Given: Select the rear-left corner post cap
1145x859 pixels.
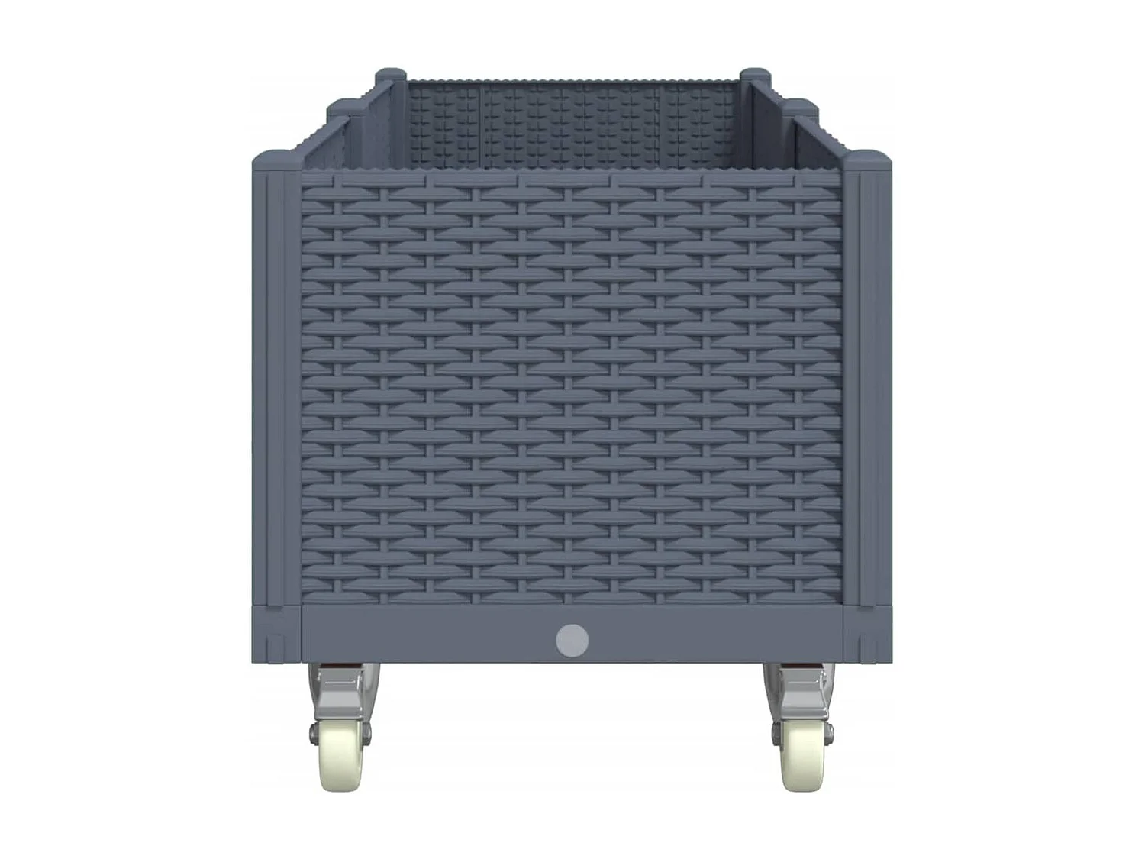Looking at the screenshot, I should point(390,76).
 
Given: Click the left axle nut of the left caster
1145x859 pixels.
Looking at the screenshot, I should point(313,732).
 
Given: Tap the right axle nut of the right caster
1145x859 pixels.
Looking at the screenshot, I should point(829,732).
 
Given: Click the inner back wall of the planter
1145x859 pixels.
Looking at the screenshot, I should point(572,126).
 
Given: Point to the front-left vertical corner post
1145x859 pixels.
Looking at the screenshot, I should point(276,382).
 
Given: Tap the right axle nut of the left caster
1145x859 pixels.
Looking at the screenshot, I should point(367,732).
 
